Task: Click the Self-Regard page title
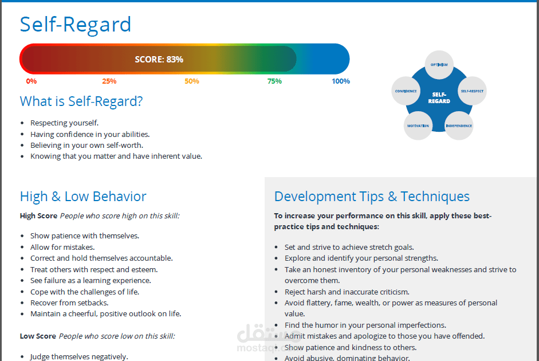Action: click(76, 25)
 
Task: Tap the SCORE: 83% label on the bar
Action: click(159, 60)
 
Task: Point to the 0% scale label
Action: click(32, 81)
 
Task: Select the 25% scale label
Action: click(109, 81)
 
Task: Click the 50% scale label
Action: click(192, 81)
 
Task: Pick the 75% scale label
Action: click(275, 81)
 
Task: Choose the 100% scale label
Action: click(341, 81)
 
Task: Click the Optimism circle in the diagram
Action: click(439, 65)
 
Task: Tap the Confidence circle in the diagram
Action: click(406, 91)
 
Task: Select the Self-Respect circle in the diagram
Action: click(472, 91)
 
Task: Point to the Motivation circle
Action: click(418, 126)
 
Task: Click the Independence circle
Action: click(459, 126)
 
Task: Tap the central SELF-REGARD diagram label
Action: click(439, 97)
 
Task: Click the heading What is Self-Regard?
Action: click(81, 101)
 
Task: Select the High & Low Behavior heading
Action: click(83, 197)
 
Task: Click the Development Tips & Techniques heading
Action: click(372, 197)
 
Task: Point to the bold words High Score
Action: click(38, 216)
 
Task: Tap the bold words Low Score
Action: click(38, 336)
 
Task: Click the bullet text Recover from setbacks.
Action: click(69, 303)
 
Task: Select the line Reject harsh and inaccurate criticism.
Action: click(347, 292)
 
